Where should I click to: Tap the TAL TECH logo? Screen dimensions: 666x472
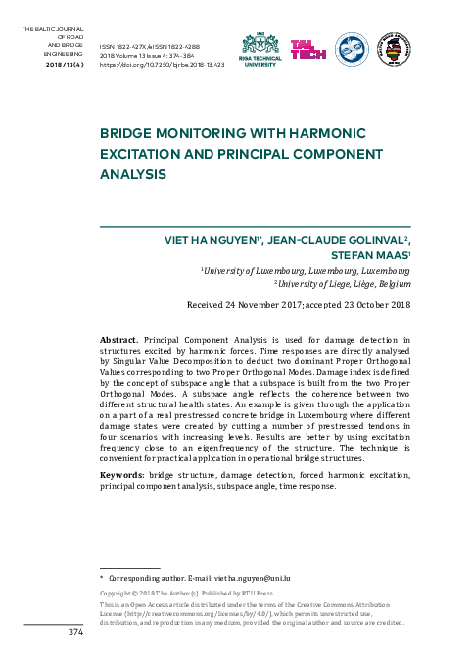[x=309, y=48]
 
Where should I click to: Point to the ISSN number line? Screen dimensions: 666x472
[x=157, y=46]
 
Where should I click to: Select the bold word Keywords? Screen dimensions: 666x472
[x=123, y=474]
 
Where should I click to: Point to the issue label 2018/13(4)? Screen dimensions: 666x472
[x=65, y=63]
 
